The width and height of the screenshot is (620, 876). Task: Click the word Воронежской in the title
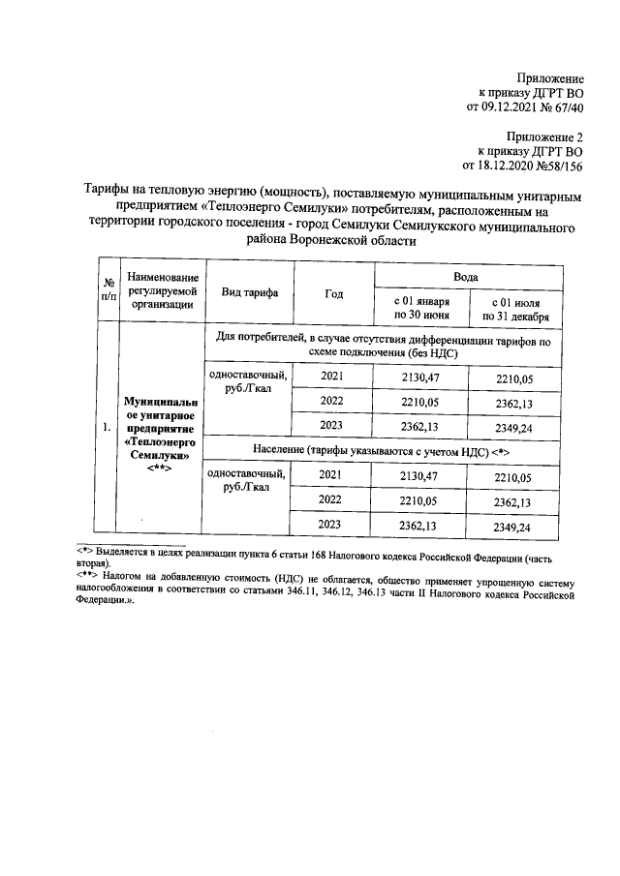click(334, 243)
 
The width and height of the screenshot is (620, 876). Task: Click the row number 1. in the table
click(104, 426)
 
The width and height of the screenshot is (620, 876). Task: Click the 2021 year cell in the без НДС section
click(332, 376)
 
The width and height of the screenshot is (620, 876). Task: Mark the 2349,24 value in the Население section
click(512, 528)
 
